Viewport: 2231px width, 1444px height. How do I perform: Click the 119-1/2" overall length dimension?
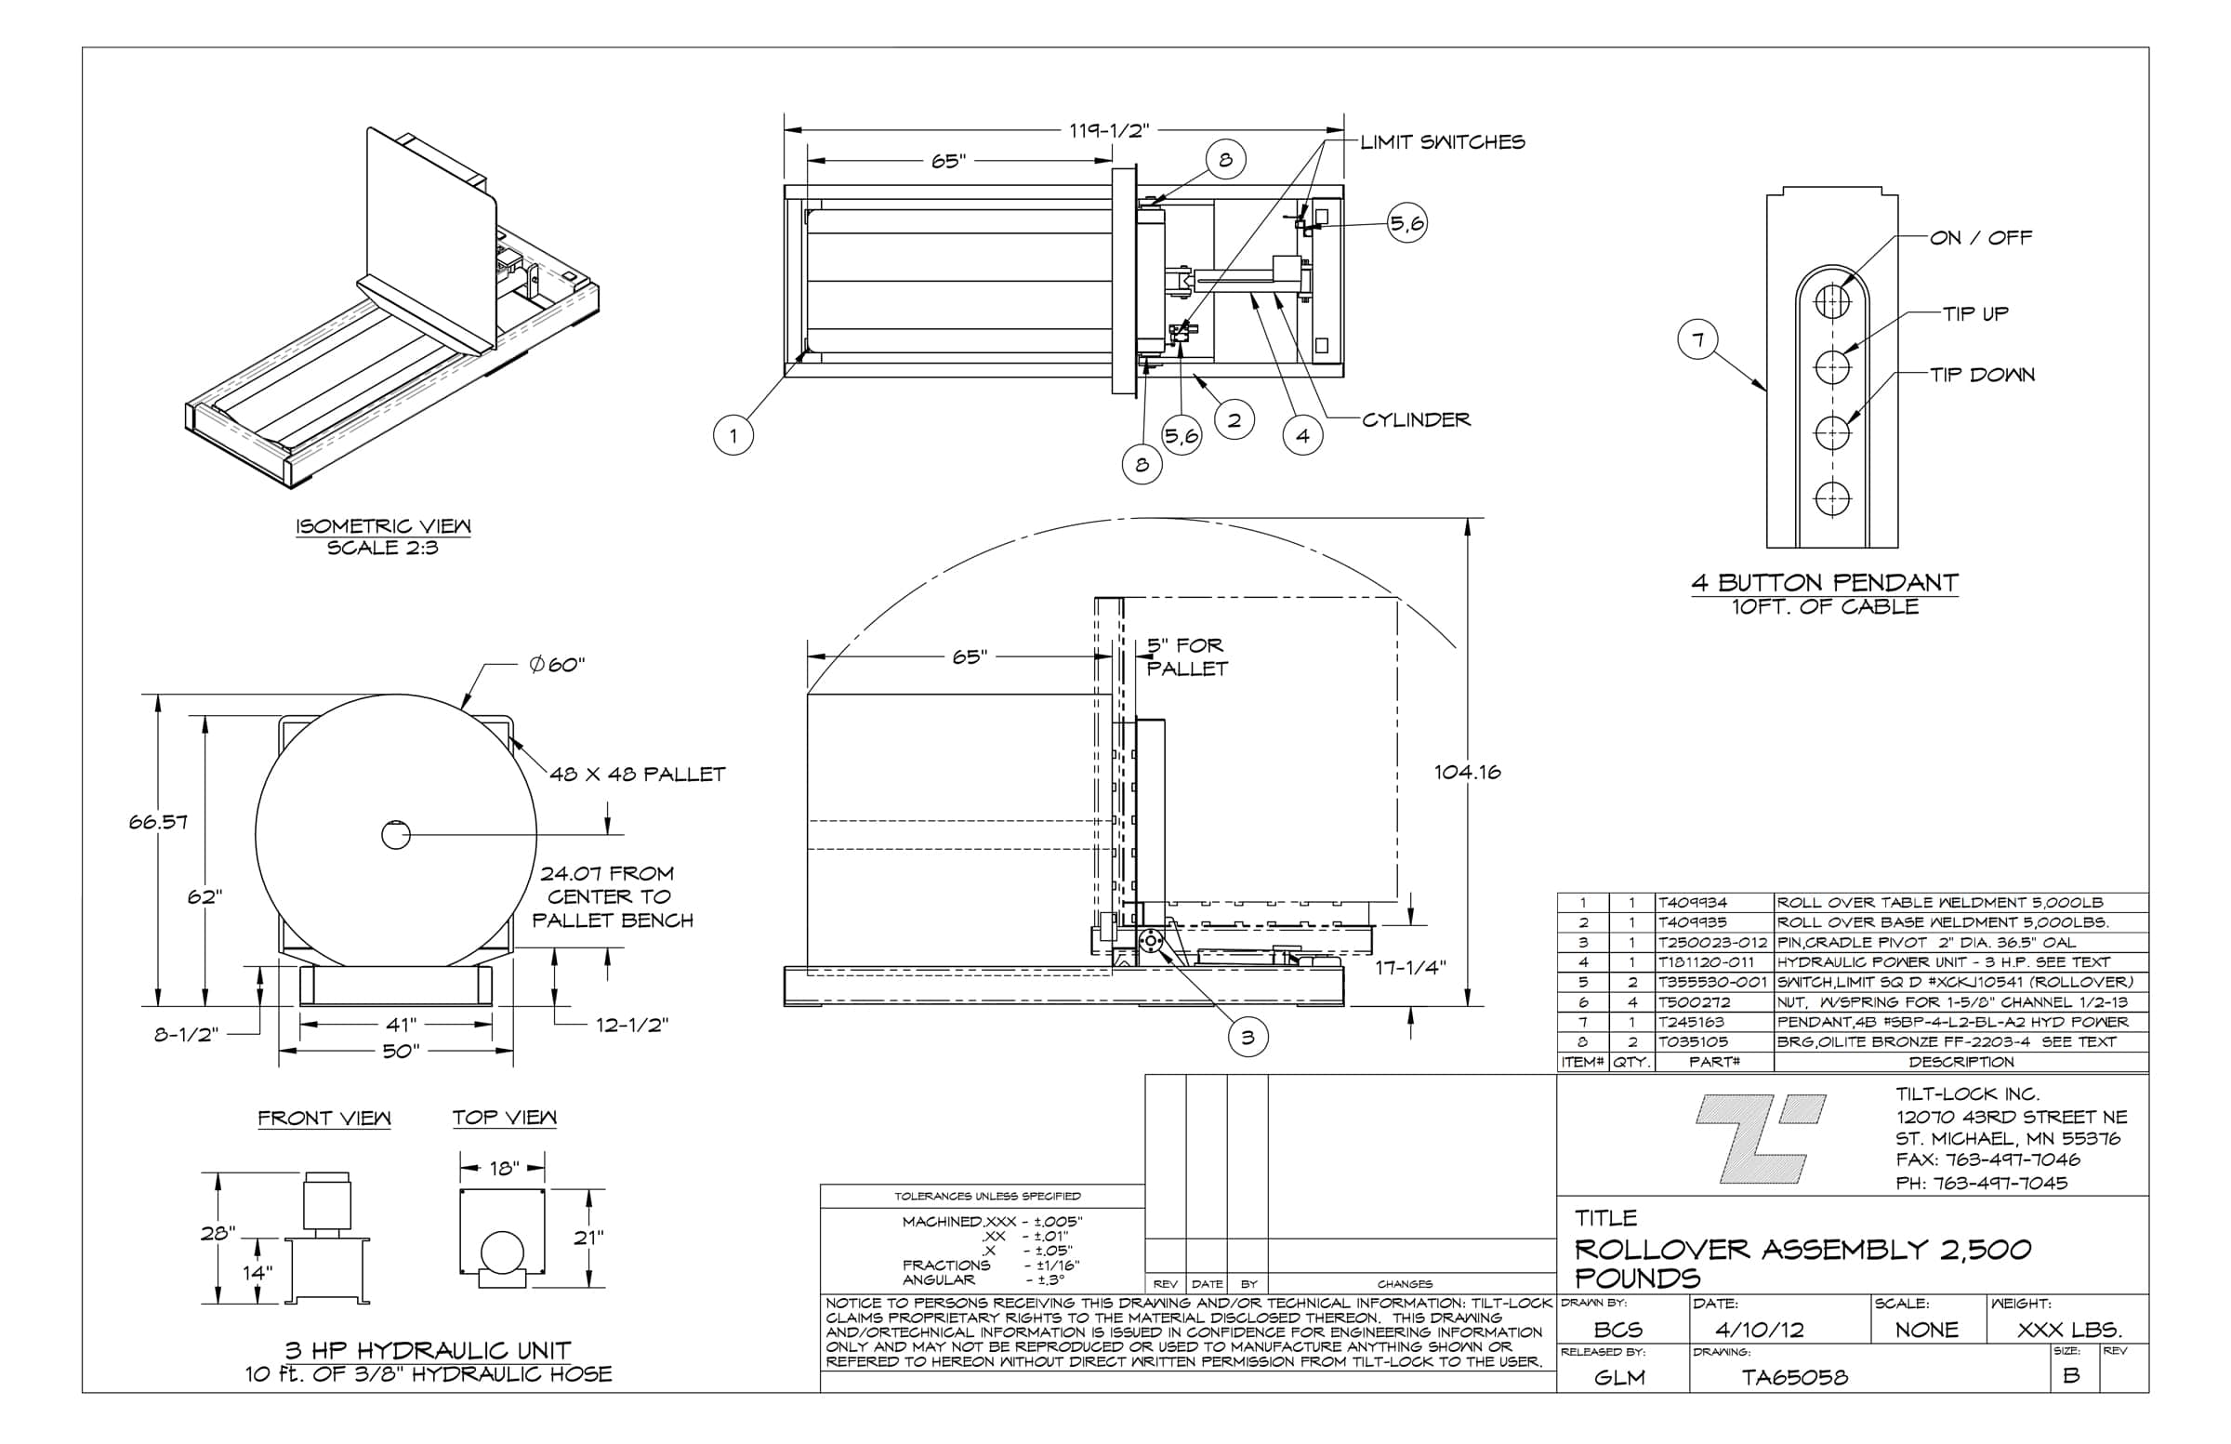pyautogui.click(x=1108, y=130)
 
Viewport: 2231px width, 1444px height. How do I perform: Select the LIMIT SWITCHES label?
pyautogui.click(x=1442, y=142)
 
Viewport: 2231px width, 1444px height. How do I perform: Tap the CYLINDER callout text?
pyautogui.click(x=1416, y=420)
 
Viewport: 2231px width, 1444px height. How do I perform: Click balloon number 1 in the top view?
pyautogui.click(x=733, y=435)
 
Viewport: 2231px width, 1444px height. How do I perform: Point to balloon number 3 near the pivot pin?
pyautogui.click(x=1248, y=1037)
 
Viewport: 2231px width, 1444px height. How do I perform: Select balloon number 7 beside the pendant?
pyautogui.click(x=1697, y=339)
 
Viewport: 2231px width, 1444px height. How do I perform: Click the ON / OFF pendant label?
pyautogui.click(x=1981, y=238)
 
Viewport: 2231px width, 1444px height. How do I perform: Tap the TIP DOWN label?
pyautogui.click(x=1982, y=375)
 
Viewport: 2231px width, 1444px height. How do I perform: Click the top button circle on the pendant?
pyautogui.click(x=1831, y=302)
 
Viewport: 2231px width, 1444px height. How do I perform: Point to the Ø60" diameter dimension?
pyautogui.click(x=557, y=665)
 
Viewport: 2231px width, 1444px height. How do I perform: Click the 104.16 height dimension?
pyautogui.click(x=1467, y=773)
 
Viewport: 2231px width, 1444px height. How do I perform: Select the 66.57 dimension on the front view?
pyautogui.click(x=158, y=822)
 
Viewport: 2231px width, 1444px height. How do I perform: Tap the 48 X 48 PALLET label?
pyautogui.click(x=638, y=775)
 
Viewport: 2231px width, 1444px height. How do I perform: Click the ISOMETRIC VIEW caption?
pyautogui.click(x=383, y=526)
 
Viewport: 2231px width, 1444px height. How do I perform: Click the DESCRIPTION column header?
pyautogui.click(x=1961, y=1063)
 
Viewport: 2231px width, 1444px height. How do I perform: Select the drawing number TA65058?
pyautogui.click(x=1794, y=1377)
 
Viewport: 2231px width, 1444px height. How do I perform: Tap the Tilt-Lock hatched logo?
pyautogui.click(x=1760, y=1138)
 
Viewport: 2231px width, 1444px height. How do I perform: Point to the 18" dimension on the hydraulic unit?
pyautogui.click(x=504, y=1169)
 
